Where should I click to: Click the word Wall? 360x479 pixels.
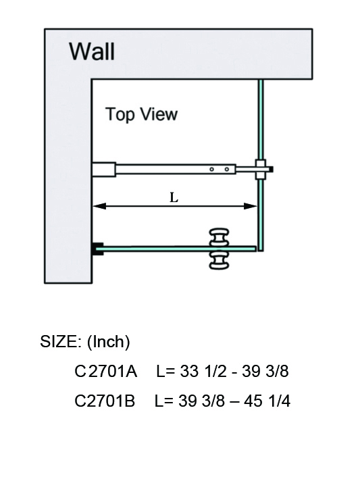tap(92, 51)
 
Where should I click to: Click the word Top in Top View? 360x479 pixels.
tap(120, 114)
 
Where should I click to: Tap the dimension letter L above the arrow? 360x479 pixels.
tap(174, 197)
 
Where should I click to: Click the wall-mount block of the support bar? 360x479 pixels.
tap(104, 168)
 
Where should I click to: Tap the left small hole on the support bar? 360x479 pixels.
tap(211, 169)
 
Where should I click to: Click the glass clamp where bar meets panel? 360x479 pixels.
tap(260, 168)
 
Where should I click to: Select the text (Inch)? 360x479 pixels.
tap(108, 342)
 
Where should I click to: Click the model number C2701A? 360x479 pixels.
tap(106, 371)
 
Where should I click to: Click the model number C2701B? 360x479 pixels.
tap(105, 401)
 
